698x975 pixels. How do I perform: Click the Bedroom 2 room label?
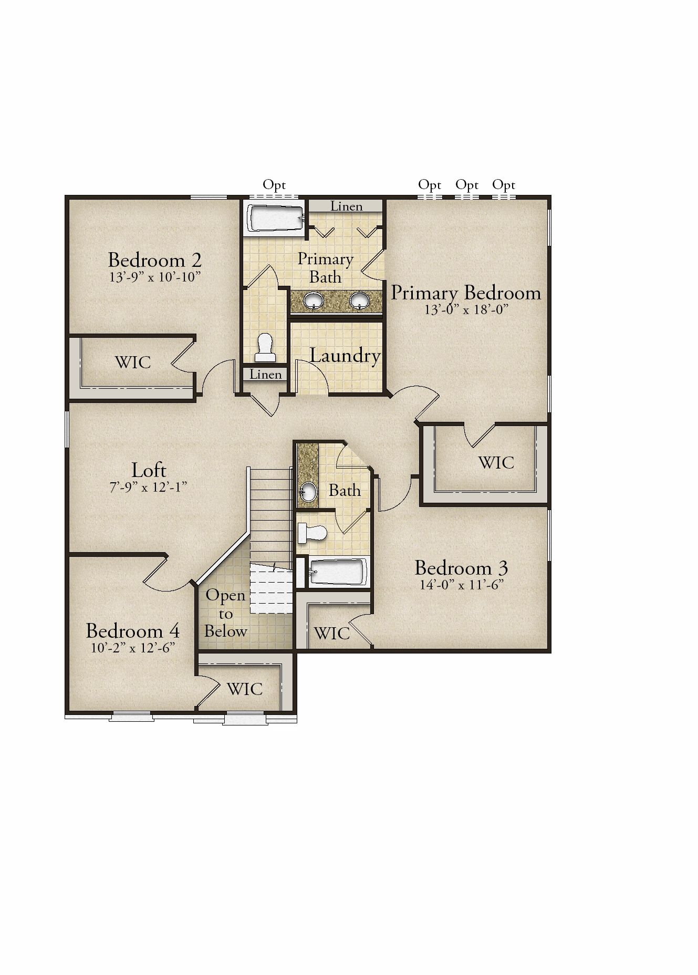(155, 260)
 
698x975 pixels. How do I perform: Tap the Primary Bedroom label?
(466, 293)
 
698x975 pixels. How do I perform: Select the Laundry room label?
(345, 356)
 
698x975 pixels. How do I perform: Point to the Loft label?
(149, 470)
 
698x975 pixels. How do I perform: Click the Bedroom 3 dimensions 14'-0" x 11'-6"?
(462, 585)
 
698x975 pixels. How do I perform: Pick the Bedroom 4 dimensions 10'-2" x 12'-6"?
(133, 648)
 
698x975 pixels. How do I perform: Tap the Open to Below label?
(226, 613)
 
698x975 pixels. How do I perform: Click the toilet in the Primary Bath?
(265, 347)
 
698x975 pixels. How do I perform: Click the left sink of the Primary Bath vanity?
(314, 300)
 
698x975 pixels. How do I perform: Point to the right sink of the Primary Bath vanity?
(359, 300)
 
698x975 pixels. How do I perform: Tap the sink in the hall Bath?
(309, 492)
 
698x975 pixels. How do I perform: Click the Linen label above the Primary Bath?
(347, 206)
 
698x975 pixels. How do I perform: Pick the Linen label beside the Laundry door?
(266, 374)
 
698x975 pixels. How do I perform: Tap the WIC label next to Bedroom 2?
(133, 362)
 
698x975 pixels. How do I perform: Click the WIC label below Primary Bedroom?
(496, 462)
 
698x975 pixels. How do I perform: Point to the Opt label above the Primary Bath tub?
(274, 185)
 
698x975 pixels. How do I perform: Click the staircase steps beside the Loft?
(270, 515)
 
